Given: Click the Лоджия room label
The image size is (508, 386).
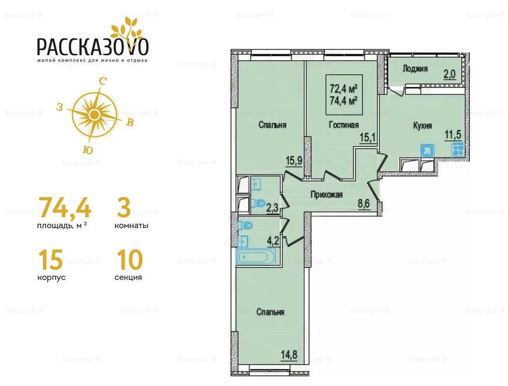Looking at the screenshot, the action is point(415,69).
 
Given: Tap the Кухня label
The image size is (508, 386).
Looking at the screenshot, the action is point(423,126).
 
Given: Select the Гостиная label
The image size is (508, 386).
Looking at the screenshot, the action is point(344,125).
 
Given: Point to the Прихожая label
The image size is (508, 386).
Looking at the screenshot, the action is point(327,195).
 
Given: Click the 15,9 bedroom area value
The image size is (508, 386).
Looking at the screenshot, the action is point(294,161).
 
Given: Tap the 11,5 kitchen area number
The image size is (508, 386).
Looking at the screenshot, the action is point(453,135).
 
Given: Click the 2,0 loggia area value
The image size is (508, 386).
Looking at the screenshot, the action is point(450,75).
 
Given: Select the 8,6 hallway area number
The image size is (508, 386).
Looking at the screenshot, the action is point(364,205).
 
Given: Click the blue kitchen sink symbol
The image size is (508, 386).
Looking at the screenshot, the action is point(427,150).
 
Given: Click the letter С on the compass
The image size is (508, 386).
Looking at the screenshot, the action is point(103,81).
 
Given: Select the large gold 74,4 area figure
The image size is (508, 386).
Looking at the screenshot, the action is point(64,207).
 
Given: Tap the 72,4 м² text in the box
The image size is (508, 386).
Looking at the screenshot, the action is point(343,88).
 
